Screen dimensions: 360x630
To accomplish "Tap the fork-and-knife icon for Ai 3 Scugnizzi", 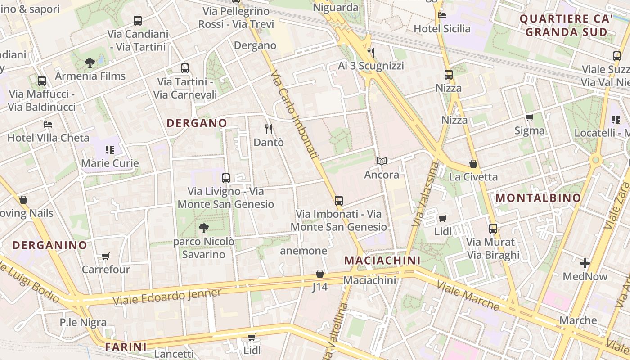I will (371, 53).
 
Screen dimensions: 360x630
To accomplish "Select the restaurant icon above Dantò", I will (269, 129).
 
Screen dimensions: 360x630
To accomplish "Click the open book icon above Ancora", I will (382, 161).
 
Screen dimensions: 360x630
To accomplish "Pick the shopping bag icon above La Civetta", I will (473, 163).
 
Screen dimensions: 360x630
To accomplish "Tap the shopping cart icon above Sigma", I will (529, 117).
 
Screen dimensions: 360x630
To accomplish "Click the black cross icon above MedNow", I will (585, 263).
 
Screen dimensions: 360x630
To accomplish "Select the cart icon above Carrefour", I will (105, 256).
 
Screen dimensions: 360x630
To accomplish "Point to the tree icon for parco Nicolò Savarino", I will (203, 228).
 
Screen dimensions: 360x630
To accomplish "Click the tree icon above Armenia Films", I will (90, 63).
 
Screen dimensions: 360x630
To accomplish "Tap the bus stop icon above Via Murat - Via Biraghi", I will (493, 229).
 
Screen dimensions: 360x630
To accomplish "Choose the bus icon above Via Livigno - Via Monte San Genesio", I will (226, 178).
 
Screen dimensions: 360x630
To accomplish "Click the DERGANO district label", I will (197, 123).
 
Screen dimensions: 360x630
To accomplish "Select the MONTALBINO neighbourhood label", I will (538, 198).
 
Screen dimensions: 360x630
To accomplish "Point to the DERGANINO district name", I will (49, 245).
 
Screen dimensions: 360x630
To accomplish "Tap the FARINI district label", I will (126, 347).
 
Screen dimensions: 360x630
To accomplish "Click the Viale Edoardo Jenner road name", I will (167, 297).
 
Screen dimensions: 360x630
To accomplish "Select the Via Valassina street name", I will (425, 193).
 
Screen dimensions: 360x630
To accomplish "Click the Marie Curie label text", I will (110, 163).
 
